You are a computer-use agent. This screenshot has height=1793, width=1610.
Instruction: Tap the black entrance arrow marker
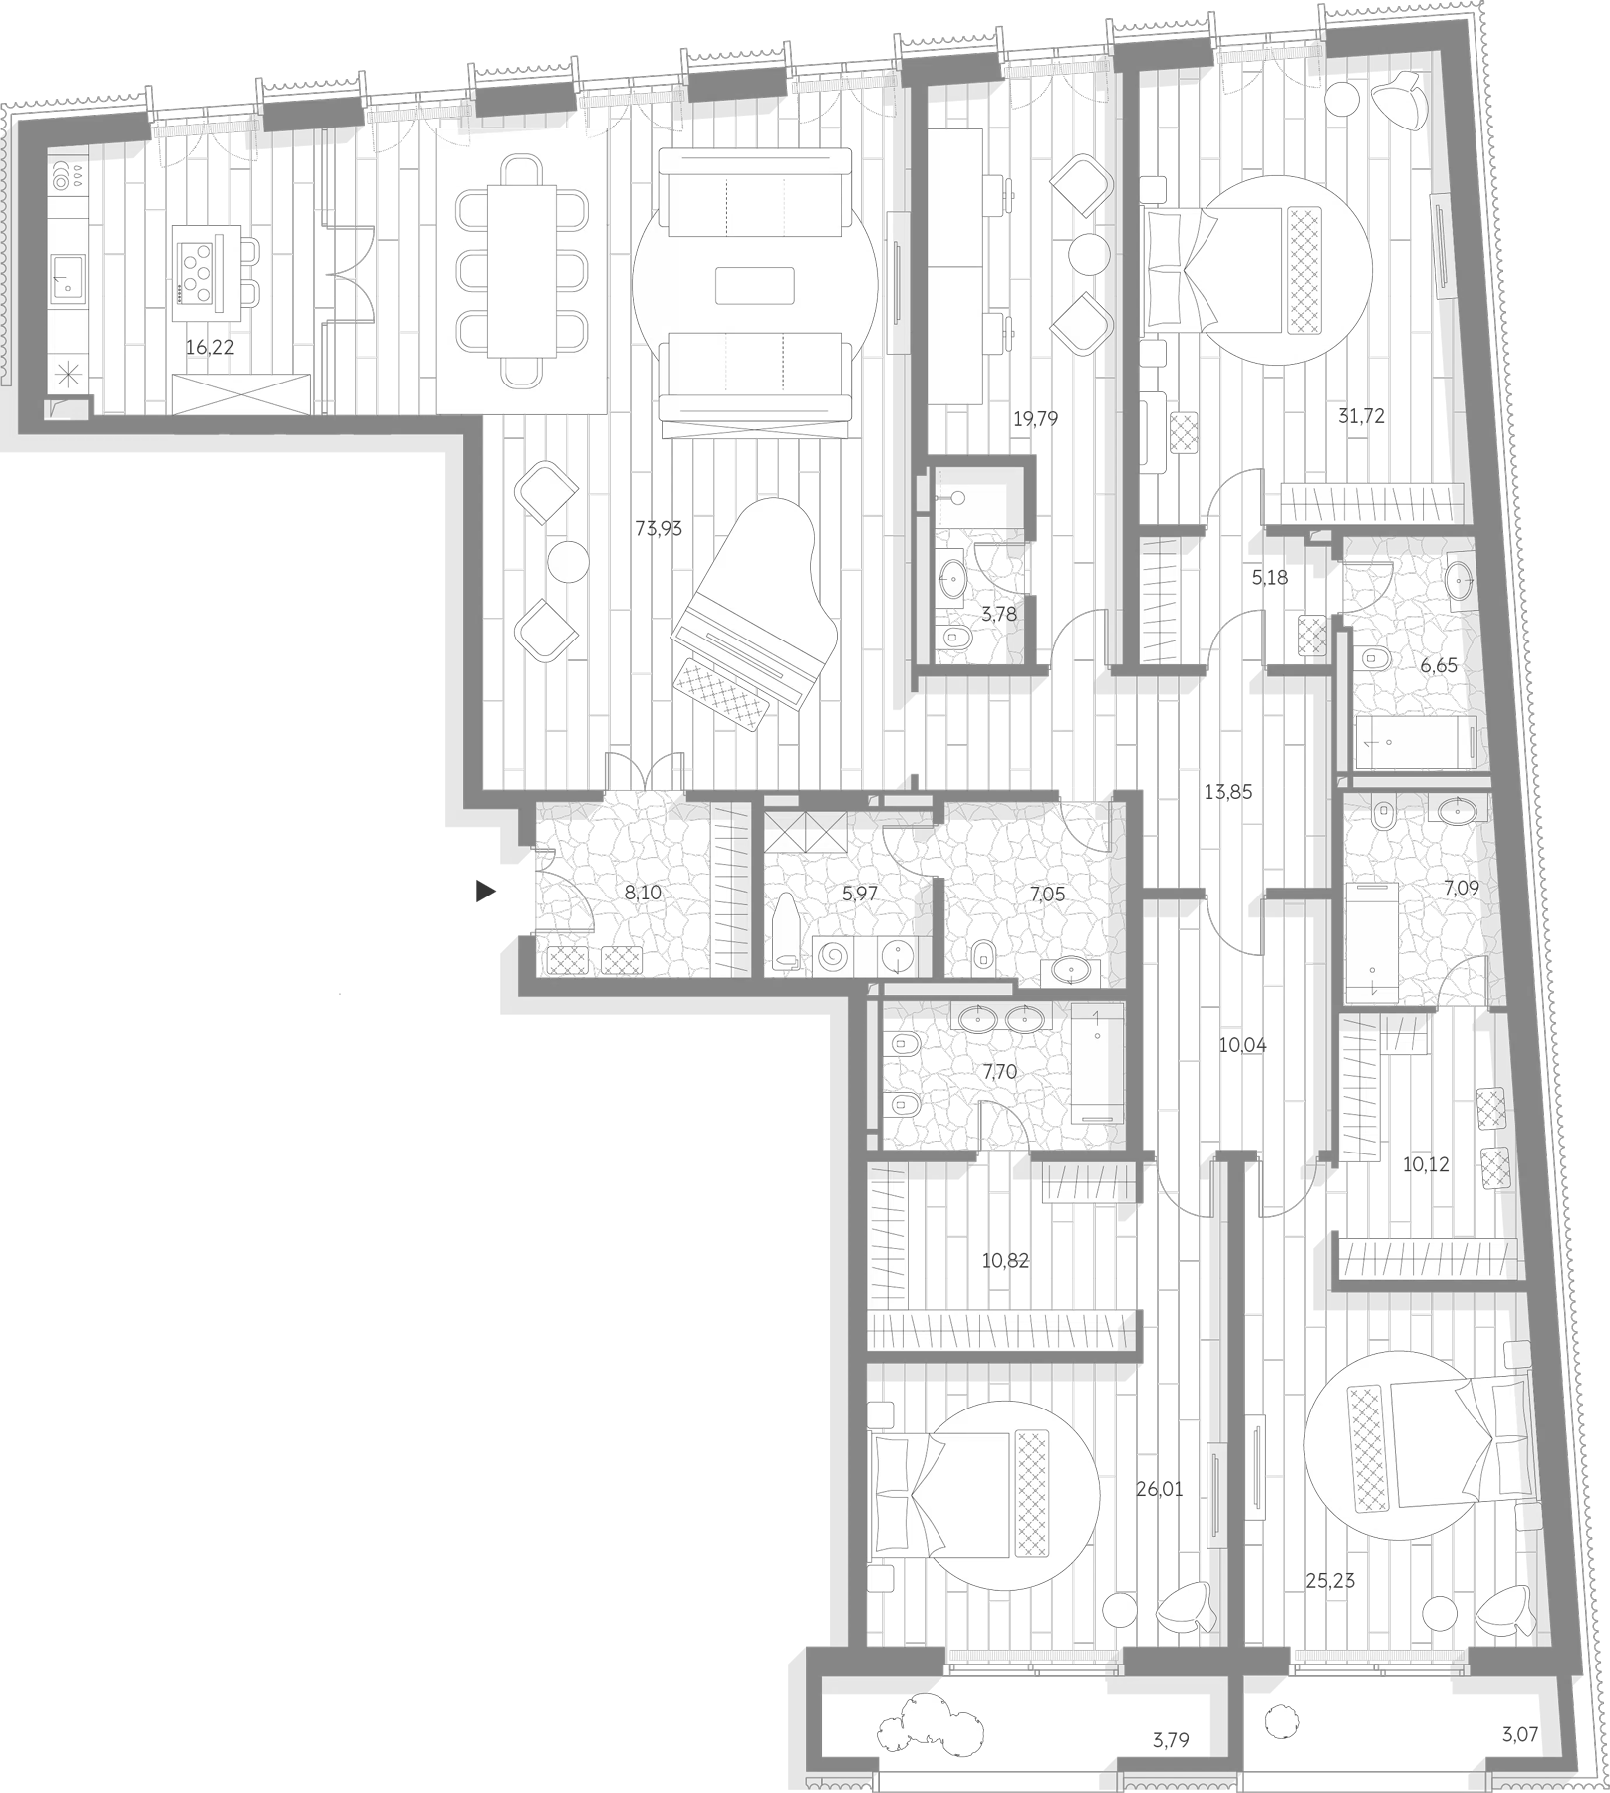(x=485, y=892)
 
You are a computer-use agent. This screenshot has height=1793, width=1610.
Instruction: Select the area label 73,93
(x=659, y=529)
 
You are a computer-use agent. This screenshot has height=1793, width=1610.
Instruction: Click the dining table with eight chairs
(x=521, y=269)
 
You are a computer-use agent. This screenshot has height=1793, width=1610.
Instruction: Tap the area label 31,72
(x=1361, y=416)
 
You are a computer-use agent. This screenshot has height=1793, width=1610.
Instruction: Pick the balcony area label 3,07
(x=1520, y=1735)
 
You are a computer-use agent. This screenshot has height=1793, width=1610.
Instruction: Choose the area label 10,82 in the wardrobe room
(x=1005, y=1260)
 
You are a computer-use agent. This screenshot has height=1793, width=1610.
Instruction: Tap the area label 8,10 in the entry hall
(x=643, y=894)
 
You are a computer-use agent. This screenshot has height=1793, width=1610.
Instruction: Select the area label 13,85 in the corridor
(x=1228, y=793)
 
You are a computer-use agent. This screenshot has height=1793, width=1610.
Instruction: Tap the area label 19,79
(x=1035, y=419)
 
